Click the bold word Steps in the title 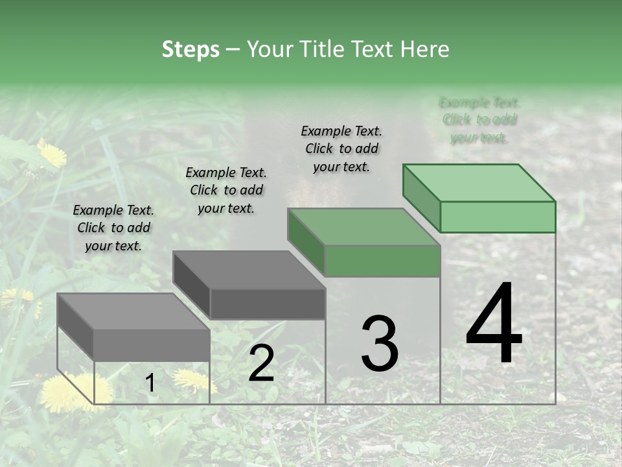[190, 49]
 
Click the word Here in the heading [425, 49]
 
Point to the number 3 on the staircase [379, 344]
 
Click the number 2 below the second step [261, 363]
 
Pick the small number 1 [150, 383]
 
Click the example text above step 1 [113, 228]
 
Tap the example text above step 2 [226, 190]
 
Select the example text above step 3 [341, 149]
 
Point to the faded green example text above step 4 [479, 120]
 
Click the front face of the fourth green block [498, 217]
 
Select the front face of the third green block [382, 261]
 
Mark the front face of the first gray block [152, 345]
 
